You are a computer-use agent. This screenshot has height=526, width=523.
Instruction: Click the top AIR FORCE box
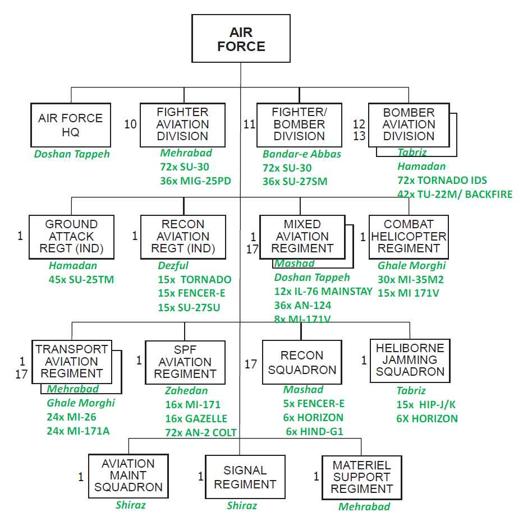[241, 38]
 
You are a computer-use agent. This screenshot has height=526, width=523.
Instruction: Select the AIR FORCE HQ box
[71, 125]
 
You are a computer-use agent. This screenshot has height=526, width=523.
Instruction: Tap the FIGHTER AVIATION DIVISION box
[182, 125]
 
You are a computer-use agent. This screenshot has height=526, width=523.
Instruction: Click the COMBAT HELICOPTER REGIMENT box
[409, 237]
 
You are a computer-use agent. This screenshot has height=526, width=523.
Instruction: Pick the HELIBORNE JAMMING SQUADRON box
[410, 361]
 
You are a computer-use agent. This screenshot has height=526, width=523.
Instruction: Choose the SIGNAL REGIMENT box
[245, 477]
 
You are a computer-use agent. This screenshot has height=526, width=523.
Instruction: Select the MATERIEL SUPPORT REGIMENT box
[361, 477]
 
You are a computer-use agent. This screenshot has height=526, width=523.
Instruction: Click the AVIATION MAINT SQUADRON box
[129, 476]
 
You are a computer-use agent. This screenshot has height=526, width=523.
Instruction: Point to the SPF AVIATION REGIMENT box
[185, 362]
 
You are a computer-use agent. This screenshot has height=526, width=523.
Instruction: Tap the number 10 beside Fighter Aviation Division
[130, 124]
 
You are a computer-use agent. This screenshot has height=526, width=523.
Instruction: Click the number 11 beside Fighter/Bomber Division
[249, 124]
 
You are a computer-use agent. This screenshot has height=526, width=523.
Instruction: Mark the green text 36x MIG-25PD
[195, 181]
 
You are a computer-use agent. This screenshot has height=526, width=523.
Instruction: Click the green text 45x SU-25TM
[81, 279]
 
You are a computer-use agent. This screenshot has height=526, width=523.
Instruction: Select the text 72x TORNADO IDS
[442, 180]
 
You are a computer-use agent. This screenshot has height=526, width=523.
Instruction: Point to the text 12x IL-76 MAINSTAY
[323, 291]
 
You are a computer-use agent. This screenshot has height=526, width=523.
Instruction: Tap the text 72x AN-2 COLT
[201, 432]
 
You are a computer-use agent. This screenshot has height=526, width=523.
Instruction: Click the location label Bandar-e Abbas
[301, 154]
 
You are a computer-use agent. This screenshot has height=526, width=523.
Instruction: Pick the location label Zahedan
[186, 390]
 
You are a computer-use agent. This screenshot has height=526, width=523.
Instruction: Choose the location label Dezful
[173, 266]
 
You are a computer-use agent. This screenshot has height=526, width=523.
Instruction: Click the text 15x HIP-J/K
[426, 404]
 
